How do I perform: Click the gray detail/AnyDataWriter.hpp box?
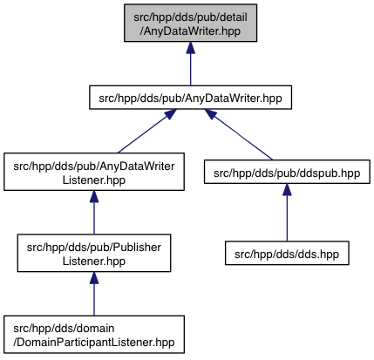[x=190, y=23]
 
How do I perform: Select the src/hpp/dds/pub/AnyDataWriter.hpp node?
[x=190, y=98]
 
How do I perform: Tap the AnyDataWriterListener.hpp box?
[x=94, y=172]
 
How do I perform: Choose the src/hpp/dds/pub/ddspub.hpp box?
[x=287, y=172]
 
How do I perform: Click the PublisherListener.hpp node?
[x=94, y=253]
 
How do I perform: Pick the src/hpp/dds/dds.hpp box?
[x=287, y=253]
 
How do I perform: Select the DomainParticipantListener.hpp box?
[x=94, y=335]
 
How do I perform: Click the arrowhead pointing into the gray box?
[x=190, y=48]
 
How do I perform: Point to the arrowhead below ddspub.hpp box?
[x=287, y=189]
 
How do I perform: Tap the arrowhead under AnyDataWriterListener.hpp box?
[x=94, y=197]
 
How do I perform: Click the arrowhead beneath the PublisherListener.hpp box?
[x=94, y=278]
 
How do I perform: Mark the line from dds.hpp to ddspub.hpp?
[x=287, y=218]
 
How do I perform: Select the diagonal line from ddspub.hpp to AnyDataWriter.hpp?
[x=241, y=137]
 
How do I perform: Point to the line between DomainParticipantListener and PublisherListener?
[x=94, y=300]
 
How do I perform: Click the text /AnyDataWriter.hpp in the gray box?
[x=190, y=31]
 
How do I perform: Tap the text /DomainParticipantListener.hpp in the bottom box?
[x=94, y=343]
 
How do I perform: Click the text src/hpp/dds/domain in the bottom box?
[x=64, y=329]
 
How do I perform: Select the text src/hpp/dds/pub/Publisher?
[x=94, y=248]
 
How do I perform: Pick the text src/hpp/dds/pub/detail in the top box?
[x=190, y=17]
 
